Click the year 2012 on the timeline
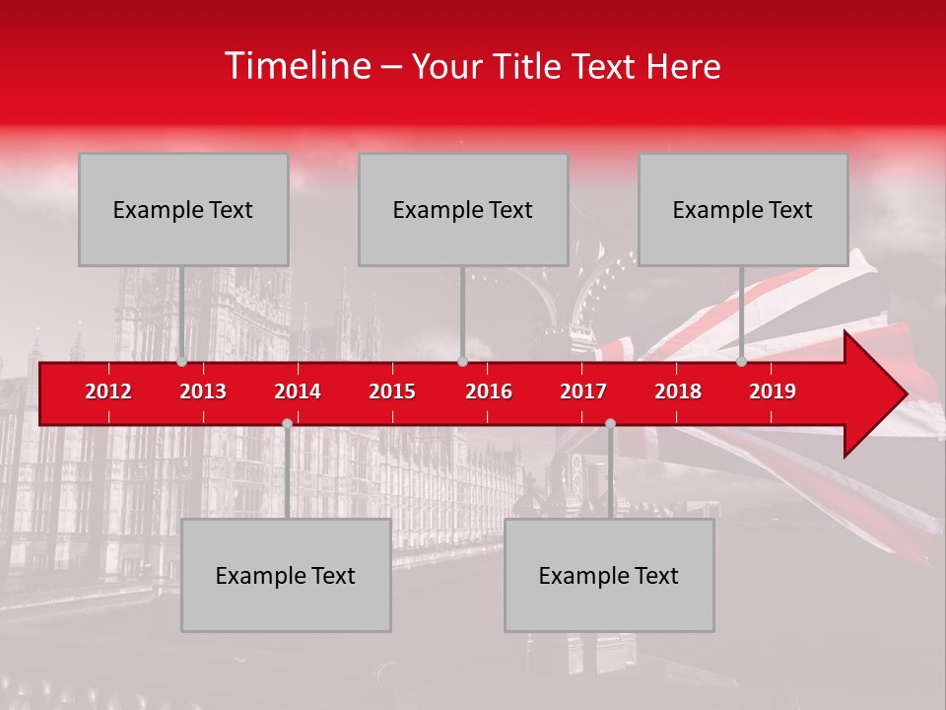click(x=108, y=391)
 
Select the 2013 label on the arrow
click(x=203, y=391)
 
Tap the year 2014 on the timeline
click(x=298, y=391)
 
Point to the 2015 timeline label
click(x=392, y=391)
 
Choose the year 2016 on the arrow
click(x=489, y=391)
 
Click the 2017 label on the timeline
click(x=583, y=391)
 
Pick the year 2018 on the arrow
click(x=678, y=391)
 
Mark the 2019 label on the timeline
click(x=773, y=391)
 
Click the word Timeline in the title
click(x=297, y=66)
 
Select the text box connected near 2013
click(x=183, y=209)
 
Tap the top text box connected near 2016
click(x=463, y=209)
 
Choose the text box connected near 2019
click(x=743, y=209)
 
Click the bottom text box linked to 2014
click(x=286, y=575)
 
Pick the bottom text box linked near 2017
click(x=609, y=575)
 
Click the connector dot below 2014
click(x=287, y=423)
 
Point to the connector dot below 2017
click(x=610, y=423)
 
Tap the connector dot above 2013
click(x=182, y=362)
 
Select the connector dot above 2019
click(x=742, y=362)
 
